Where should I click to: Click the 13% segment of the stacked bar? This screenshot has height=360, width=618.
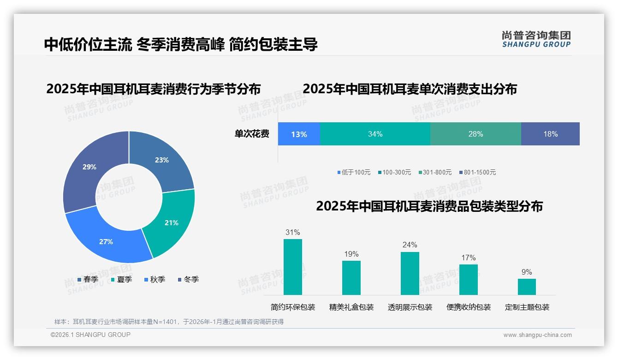(299, 134)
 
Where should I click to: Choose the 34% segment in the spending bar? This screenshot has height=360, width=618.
(375, 134)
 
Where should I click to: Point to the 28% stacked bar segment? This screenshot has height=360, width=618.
(475, 134)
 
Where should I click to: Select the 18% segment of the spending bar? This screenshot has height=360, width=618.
(550, 134)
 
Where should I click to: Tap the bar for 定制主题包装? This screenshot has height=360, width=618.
(527, 287)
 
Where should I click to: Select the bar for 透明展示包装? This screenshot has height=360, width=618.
(410, 273)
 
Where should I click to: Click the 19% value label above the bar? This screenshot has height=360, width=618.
(351, 254)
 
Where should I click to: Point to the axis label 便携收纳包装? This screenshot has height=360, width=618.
(469, 307)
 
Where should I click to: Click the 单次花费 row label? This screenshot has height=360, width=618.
(252, 134)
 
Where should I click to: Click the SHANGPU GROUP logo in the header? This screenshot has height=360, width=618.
(536, 39)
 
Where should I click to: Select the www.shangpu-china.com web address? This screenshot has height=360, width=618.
(537, 335)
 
